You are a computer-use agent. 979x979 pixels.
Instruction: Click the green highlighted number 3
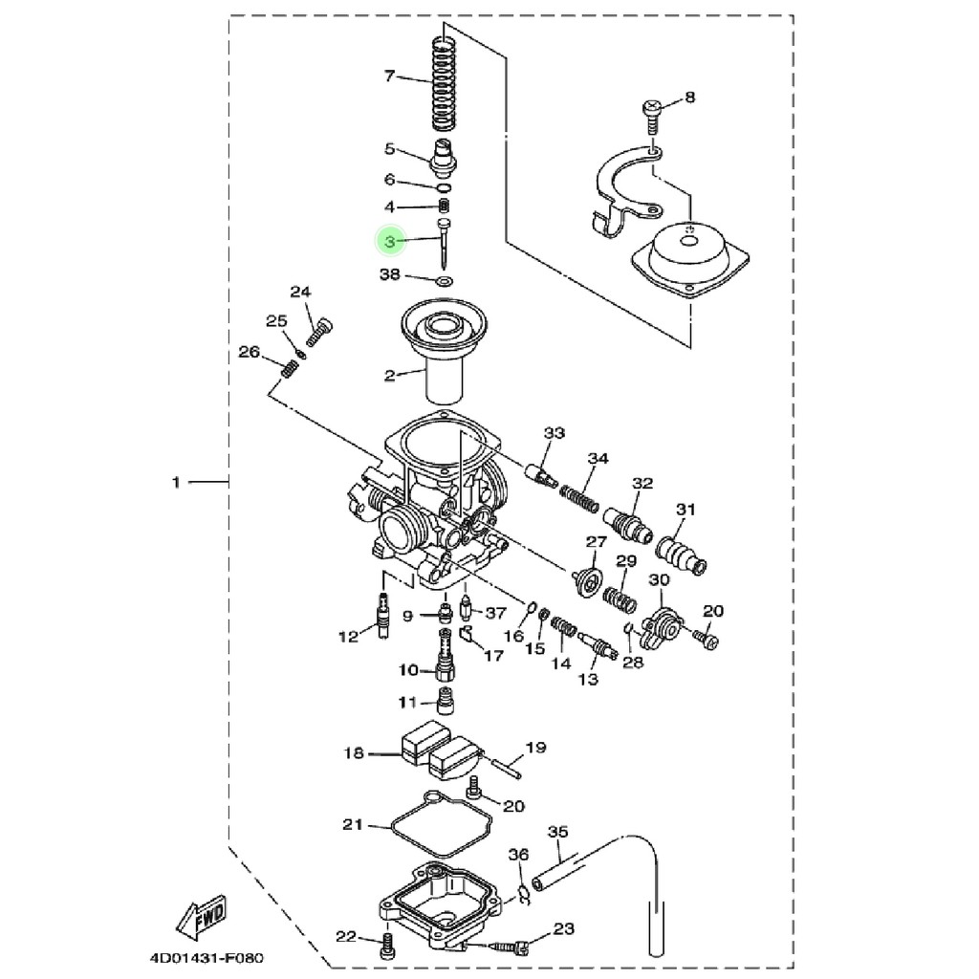click(x=390, y=241)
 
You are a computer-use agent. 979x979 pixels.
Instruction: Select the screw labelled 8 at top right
click(x=652, y=116)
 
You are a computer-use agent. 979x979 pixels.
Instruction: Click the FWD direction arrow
click(x=201, y=917)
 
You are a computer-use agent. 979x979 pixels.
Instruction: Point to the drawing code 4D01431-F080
click(x=207, y=958)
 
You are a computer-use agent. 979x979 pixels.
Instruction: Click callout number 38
click(x=390, y=274)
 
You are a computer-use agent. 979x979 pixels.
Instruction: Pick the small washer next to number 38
click(x=445, y=281)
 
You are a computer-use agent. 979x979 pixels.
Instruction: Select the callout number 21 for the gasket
click(x=353, y=824)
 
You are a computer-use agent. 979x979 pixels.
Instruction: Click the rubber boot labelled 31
click(x=681, y=555)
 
